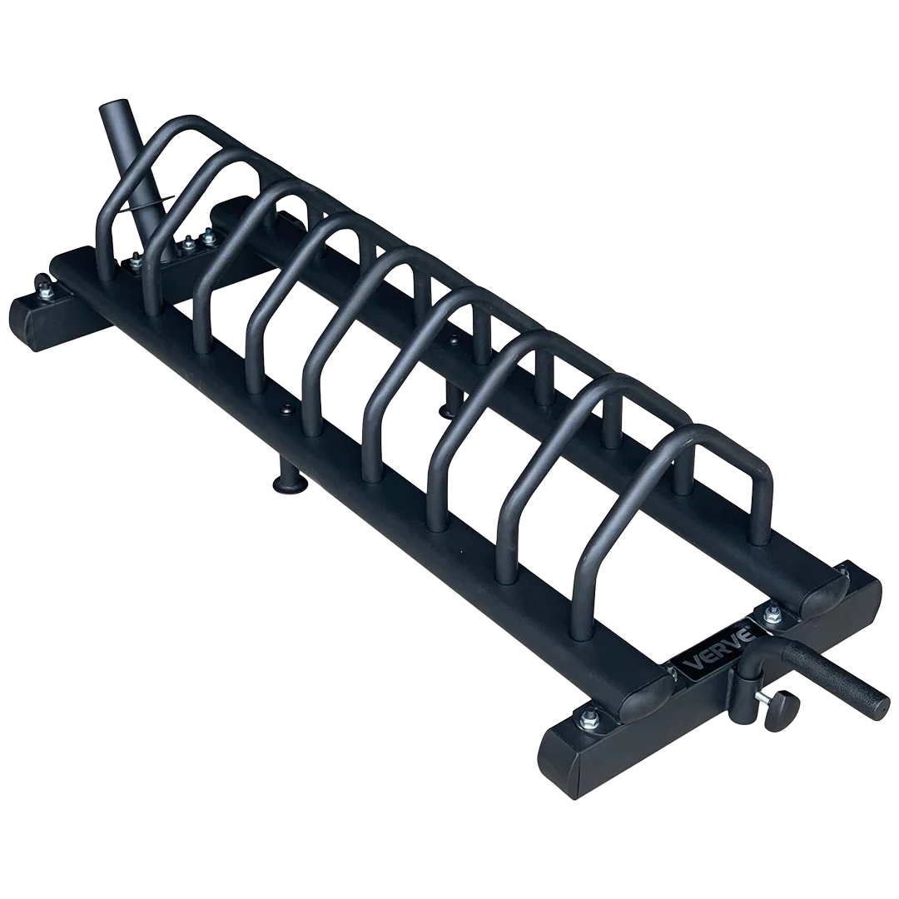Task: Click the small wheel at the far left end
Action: pyautogui.click(x=42, y=283)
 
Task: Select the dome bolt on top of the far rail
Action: pyautogui.click(x=454, y=340)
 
